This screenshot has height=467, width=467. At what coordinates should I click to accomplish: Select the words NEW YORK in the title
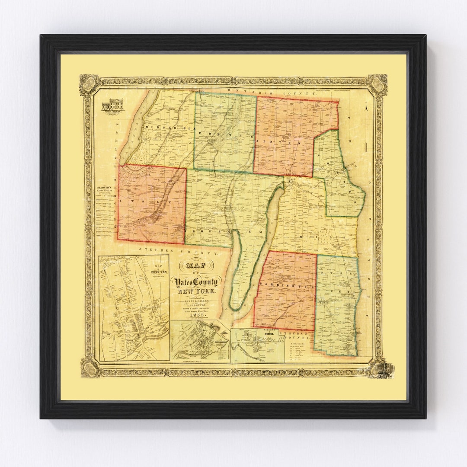click(x=197, y=292)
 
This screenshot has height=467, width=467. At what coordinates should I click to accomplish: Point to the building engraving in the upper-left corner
click(x=112, y=105)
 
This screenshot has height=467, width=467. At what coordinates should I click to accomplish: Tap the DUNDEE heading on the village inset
click(x=259, y=334)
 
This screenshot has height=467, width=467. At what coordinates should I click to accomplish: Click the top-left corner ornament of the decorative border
click(x=89, y=84)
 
